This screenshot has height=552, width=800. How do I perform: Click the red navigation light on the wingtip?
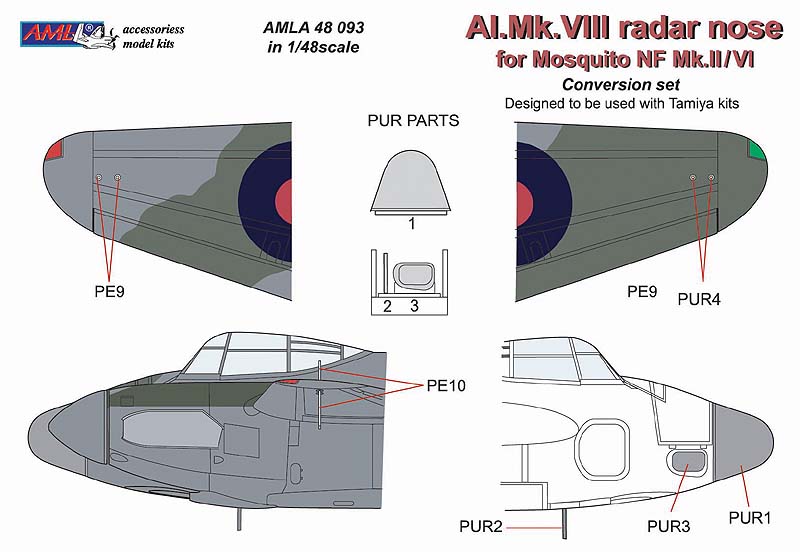(53, 150)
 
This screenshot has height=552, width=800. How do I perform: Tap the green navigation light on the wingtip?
(756, 151)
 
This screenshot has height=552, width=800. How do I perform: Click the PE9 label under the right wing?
(641, 292)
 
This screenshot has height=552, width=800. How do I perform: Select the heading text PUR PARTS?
(413, 121)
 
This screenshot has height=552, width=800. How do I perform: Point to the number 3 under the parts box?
(413, 307)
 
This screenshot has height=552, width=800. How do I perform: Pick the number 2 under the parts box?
(386, 307)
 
